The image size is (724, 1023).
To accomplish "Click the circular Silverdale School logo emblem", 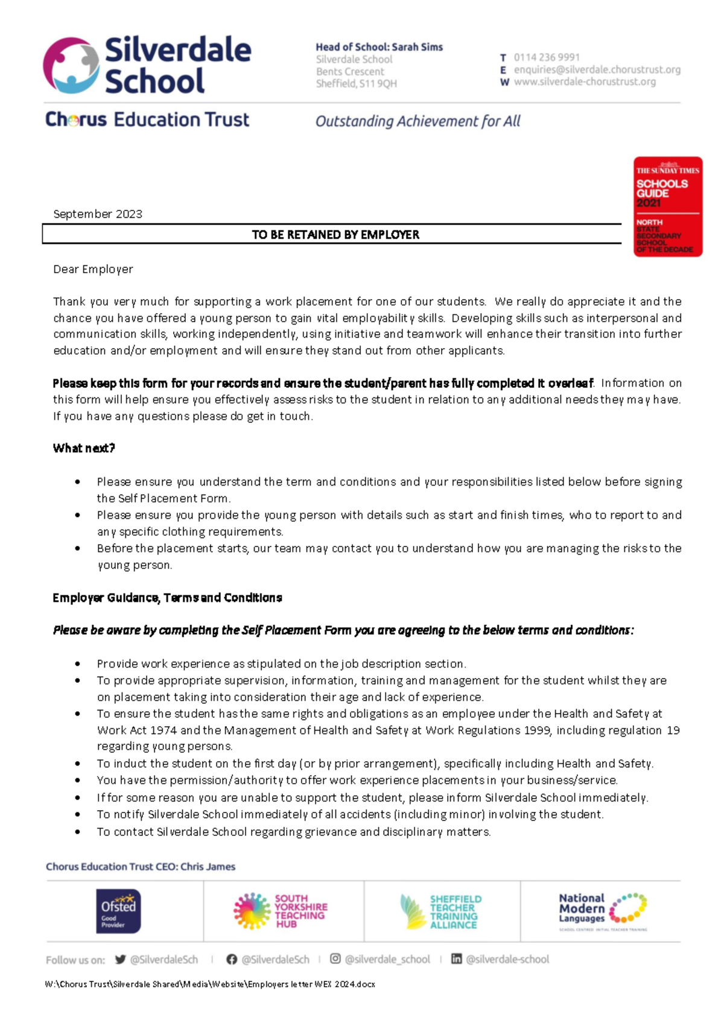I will [x=71, y=65].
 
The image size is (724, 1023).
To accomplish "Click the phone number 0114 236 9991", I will [x=546, y=57].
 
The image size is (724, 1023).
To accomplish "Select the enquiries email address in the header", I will [x=597, y=70].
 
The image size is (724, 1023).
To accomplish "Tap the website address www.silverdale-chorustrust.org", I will [x=584, y=82].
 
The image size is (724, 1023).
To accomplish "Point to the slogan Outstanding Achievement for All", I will [x=418, y=121].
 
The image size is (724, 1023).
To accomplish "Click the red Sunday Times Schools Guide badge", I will [x=667, y=207].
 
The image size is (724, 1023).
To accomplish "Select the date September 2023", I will [x=98, y=214].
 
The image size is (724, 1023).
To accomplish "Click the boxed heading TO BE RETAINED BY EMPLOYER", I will [x=335, y=235].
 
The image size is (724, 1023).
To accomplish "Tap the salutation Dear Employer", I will [x=93, y=270].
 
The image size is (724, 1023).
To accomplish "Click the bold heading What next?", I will [x=83, y=448].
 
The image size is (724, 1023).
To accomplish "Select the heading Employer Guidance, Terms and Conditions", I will [x=167, y=598].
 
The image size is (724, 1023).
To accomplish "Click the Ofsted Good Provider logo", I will [x=118, y=911].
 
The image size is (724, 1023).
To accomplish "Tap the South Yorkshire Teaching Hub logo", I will [x=281, y=911].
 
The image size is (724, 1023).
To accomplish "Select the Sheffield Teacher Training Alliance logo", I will [x=442, y=911].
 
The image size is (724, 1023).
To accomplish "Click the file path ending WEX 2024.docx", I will [x=210, y=984].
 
